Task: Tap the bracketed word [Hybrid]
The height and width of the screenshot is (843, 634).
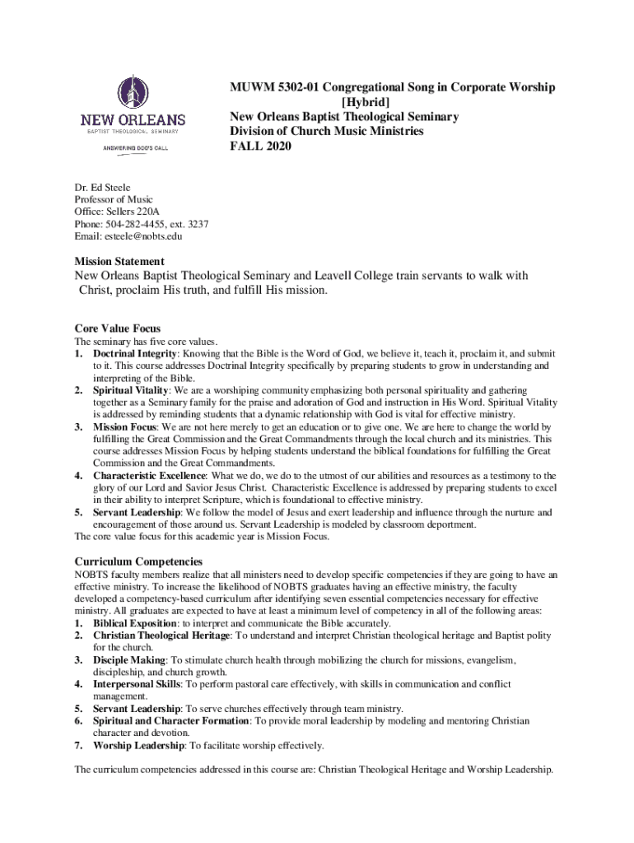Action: (x=389, y=102)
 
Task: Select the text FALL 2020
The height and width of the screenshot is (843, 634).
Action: (x=261, y=147)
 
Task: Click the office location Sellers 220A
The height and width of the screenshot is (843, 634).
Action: (x=143, y=212)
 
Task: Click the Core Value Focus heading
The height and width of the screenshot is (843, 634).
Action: (x=117, y=328)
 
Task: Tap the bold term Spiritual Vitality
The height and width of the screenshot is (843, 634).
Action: (x=131, y=389)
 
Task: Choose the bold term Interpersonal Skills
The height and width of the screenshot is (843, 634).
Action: (x=136, y=684)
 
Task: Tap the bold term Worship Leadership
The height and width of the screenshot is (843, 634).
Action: (x=138, y=746)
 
